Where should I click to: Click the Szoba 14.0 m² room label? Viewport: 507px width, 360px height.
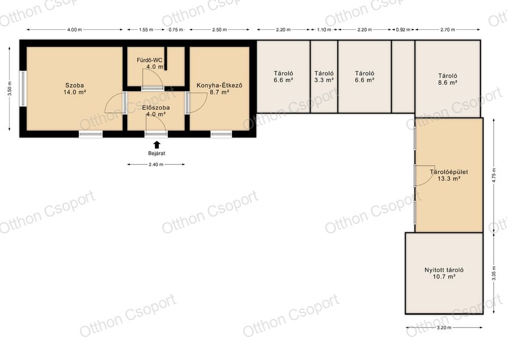click(75, 89)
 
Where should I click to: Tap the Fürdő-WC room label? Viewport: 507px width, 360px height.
click(149, 60)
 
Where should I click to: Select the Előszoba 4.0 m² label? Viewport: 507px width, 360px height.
click(156, 111)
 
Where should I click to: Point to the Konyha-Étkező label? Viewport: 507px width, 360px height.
click(219, 85)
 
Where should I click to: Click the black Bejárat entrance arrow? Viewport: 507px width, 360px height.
click(156, 145)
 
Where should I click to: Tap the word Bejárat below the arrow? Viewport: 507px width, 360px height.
click(156, 154)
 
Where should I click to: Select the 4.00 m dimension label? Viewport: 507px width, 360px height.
click(74, 30)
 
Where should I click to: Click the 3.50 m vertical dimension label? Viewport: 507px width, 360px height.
click(10, 89)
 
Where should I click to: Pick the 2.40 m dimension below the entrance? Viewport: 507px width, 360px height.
click(156, 164)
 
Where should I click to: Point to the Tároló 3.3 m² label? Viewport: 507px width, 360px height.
click(324, 76)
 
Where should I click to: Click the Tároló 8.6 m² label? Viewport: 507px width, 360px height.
click(448, 79)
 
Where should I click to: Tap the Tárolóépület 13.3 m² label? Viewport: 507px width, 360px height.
click(449, 175)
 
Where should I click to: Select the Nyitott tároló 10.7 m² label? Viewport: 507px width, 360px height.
click(445, 273)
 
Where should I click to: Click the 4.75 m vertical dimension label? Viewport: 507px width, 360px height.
click(493, 175)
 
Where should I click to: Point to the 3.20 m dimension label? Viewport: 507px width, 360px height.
click(444, 327)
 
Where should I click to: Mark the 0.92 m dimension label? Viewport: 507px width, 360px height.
click(403, 30)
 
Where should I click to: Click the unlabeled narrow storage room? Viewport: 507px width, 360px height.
click(403, 76)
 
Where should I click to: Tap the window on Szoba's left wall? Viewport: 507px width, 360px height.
click(23, 88)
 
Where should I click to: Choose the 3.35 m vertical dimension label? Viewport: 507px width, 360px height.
click(493, 273)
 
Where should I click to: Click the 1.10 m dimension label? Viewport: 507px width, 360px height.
click(324, 30)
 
